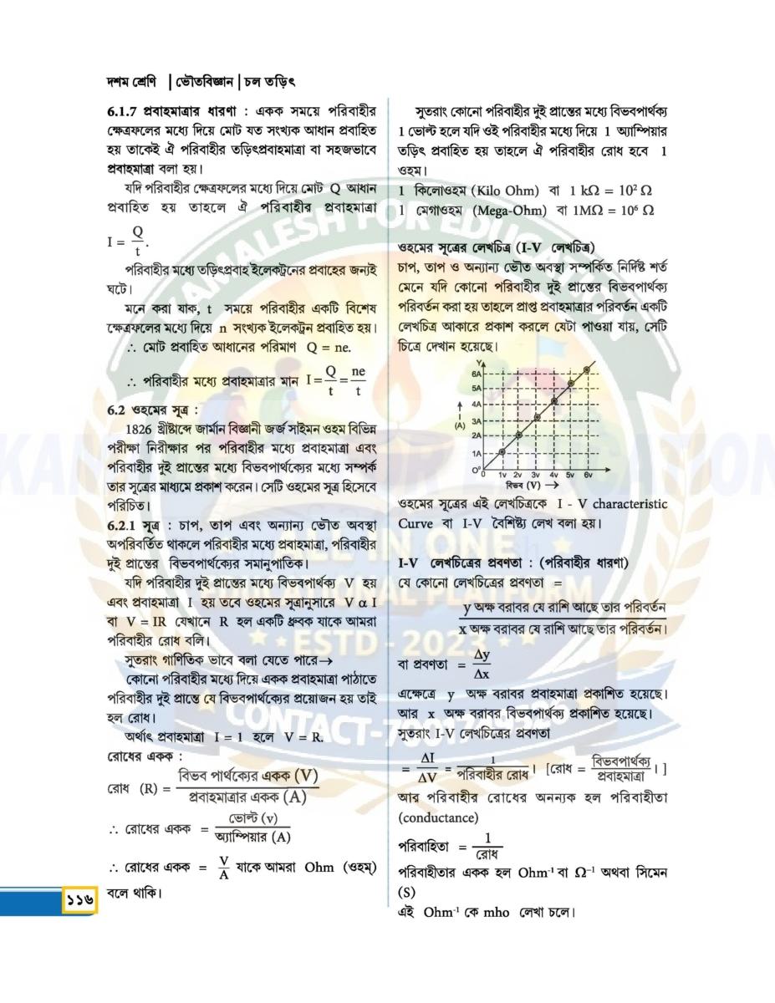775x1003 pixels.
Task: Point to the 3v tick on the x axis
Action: pyautogui.click(x=536, y=475)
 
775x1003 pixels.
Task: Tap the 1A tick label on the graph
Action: pyautogui.click(x=477, y=453)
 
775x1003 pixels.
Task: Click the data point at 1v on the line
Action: pyautogui.click(x=502, y=452)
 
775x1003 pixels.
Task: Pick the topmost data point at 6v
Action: pyautogui.click(x=589, y=368)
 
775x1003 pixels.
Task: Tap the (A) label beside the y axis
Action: pyautogui.click(x=459, y=425)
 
